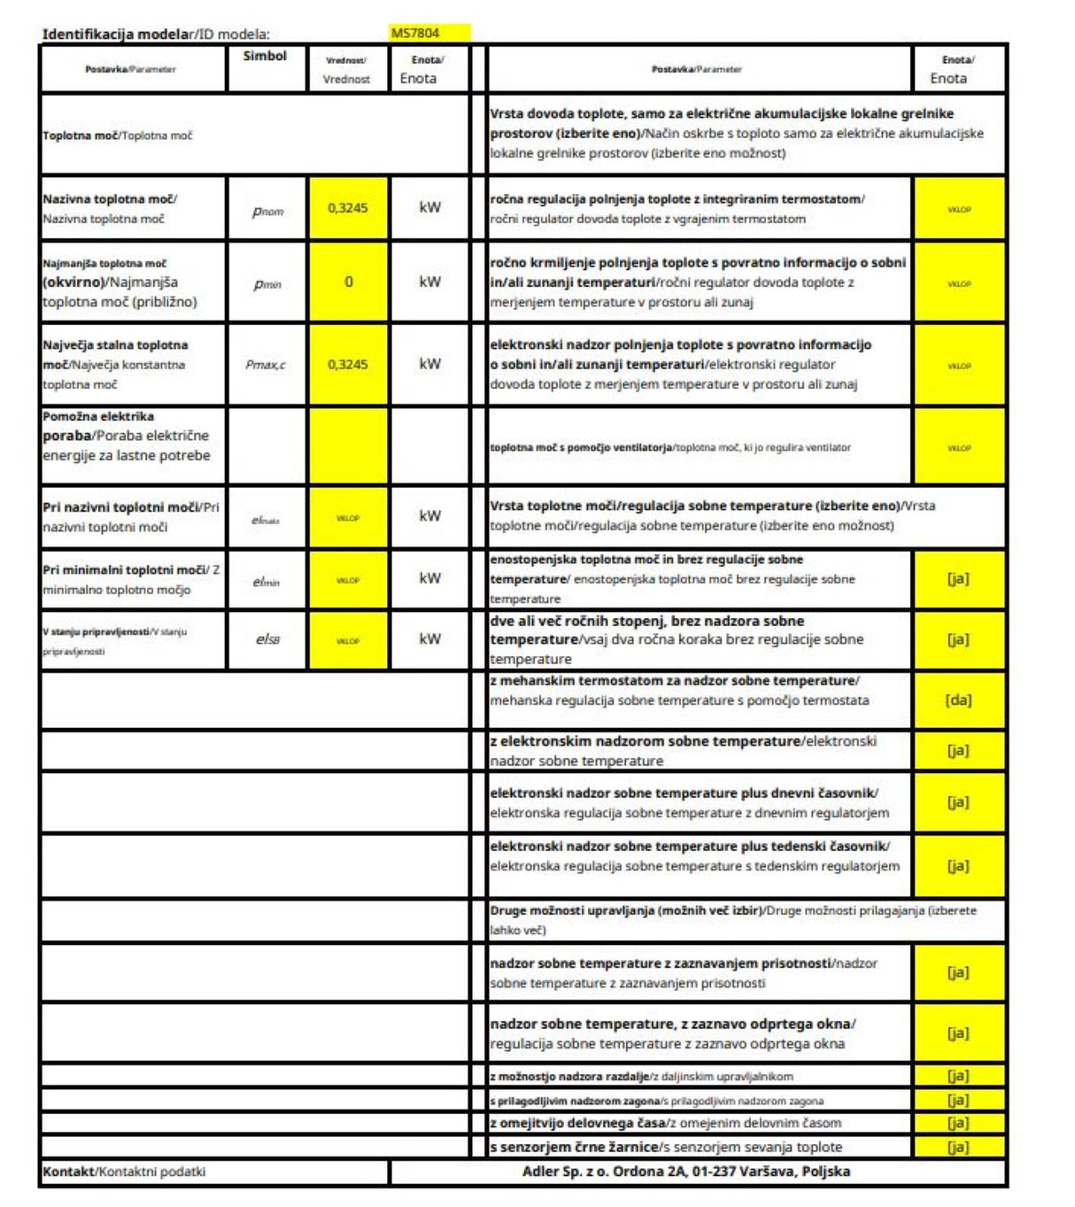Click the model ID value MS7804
[415, 34]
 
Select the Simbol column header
[265, 56]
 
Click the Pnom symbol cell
[267, 211]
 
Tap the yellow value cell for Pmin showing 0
[348, 282]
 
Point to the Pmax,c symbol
[266, 364]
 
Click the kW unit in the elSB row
[429, 638]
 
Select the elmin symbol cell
[266, 581]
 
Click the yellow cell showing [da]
[958, 700]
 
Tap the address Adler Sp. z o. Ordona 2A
[685, 1171]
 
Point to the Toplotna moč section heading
[118, 135]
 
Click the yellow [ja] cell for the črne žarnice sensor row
[958, 1147]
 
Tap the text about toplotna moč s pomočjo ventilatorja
[670, 447]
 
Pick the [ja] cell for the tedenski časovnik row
[958, 865]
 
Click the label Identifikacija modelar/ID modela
[156, 35]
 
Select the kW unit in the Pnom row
[429, 207]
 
